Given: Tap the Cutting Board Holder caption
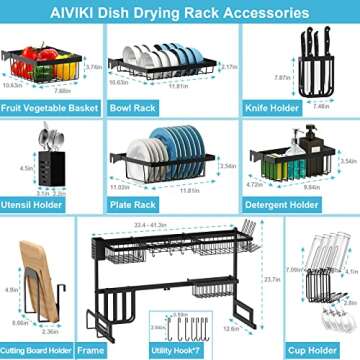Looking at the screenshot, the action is pyautogui.click(x=49, y=349).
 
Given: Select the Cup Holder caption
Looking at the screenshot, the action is pyautogui.click(x=306, y=349).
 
